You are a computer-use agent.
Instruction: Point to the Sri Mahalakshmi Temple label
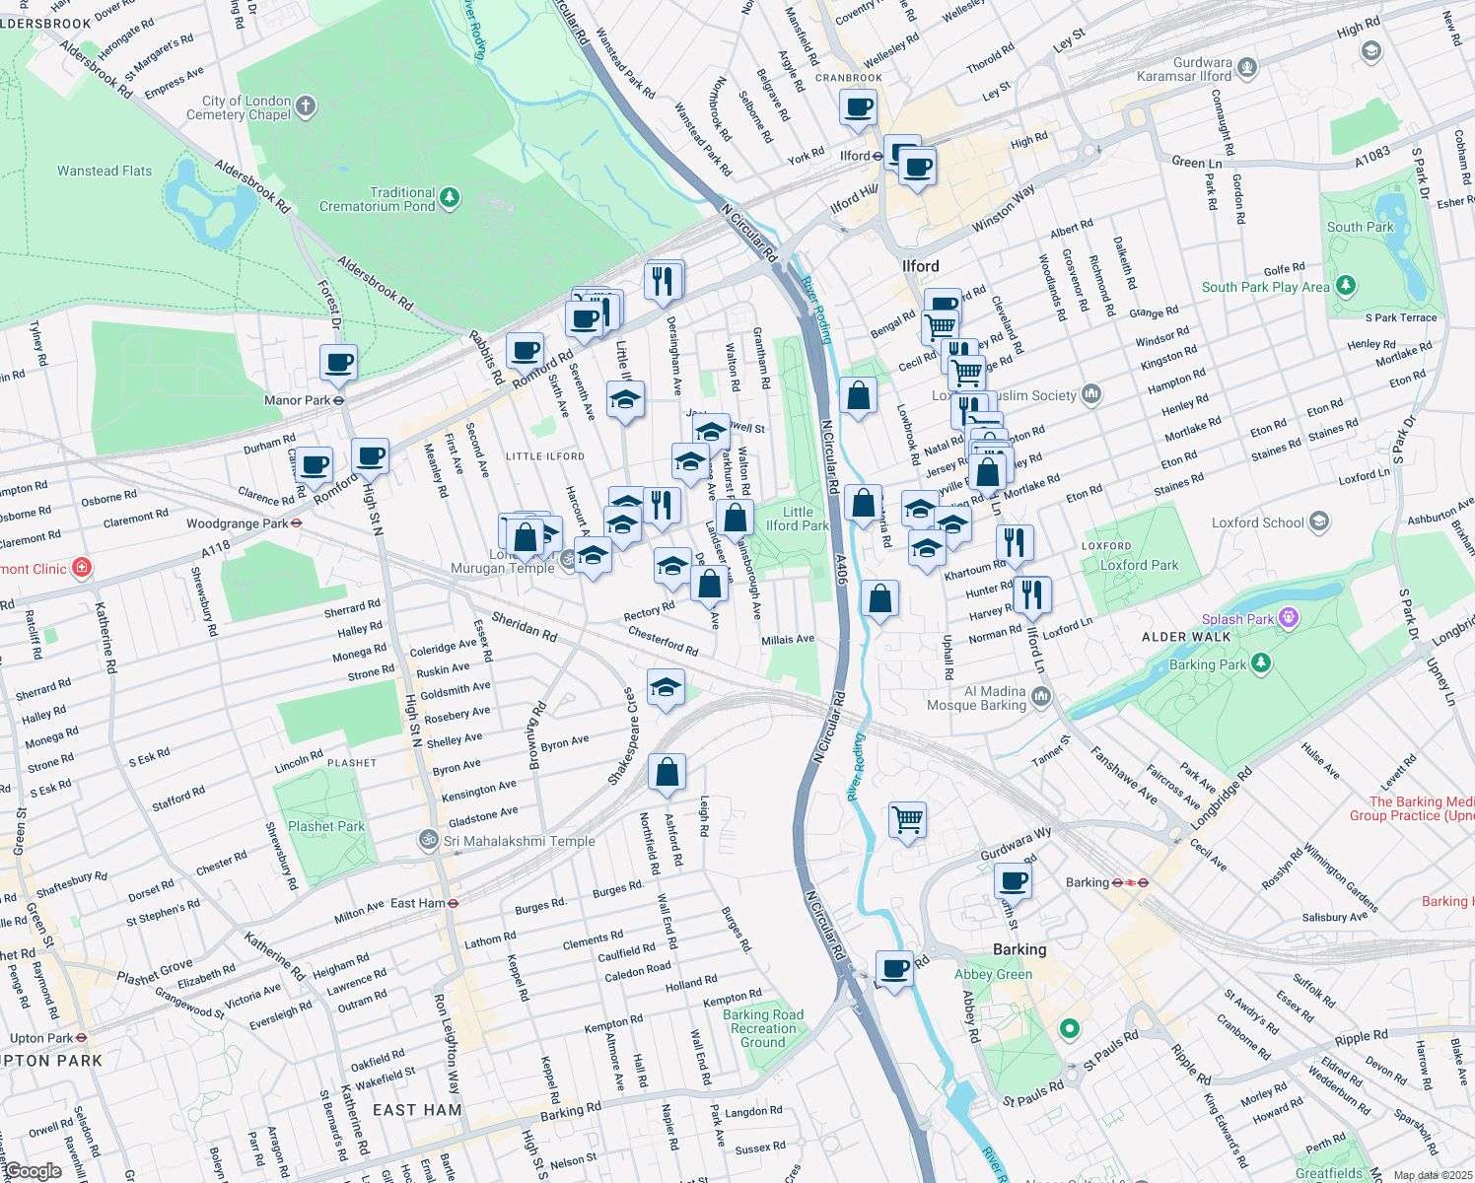coord(519,841)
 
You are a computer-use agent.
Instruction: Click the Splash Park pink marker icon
coord(1288,618)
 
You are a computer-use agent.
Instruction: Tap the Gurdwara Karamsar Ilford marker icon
coord(1247,68)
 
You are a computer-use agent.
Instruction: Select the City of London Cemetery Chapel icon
coord(306,106)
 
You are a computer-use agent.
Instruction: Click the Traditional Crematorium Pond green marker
coord(450,198)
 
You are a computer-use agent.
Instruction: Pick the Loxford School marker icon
coord(1319,522)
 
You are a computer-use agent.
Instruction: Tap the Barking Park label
coord(1207,664)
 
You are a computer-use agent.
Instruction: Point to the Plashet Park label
coord(325,826)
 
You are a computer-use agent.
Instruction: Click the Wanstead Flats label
coord(105,171)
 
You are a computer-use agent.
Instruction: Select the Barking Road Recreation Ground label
coord(763,1028)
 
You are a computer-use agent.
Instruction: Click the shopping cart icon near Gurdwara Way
coord(907,819)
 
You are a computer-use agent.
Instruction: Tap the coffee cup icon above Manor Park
coord(338,363)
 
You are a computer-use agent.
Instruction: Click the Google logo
coord(33,1170)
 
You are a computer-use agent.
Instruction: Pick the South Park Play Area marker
coord(1345,286)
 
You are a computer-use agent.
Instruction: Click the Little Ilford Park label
coord(798,519)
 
